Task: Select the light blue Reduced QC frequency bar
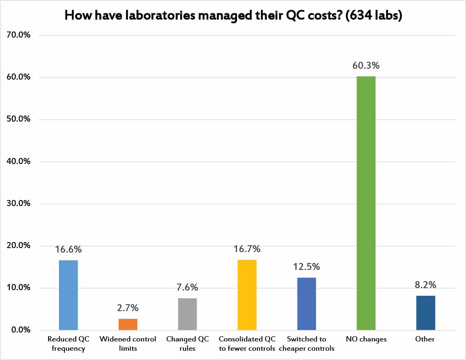coord(68,295)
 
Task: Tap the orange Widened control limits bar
coord(128,324)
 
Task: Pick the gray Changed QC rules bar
coord(187,314)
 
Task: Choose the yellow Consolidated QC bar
coord(247,295)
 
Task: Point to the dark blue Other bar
coord(426,313)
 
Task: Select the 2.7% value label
coord(128,308)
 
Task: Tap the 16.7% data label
coord(247,249)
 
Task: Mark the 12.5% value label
coord(306,267)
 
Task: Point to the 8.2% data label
coord(426,285)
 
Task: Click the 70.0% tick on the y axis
coord(19,36)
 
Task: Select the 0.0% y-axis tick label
coord(20,330)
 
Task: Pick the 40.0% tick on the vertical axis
coord(19,162)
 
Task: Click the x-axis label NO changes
coord(366,339)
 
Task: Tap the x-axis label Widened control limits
coord(128,343)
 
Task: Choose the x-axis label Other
coord(425,339)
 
